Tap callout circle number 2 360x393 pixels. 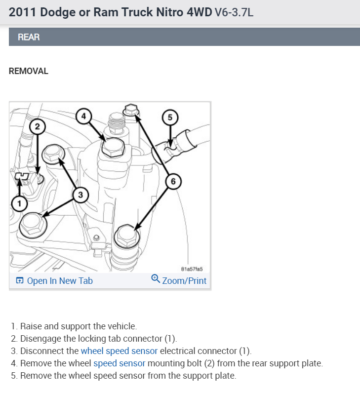38,127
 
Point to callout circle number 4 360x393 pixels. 84,116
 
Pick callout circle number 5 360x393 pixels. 170,117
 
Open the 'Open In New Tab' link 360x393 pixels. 59,281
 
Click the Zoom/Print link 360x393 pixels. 184,281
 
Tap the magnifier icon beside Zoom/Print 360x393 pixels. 156,279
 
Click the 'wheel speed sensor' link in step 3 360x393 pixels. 119,351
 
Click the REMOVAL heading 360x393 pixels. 29,71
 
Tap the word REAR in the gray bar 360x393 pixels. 29,37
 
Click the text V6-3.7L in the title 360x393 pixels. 234,12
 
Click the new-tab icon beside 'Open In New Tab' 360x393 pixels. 20,281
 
